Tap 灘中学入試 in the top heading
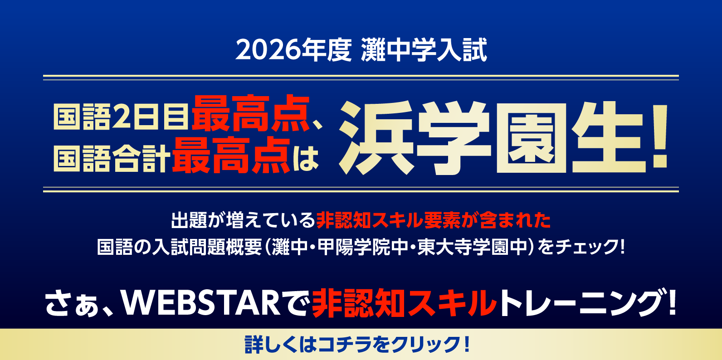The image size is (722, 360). pos(424,50)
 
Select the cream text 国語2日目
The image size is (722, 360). pos(121,117)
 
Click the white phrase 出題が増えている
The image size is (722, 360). pos(243,220)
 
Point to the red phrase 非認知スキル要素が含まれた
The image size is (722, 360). pos(434,220)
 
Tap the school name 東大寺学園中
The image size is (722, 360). pos(473,247)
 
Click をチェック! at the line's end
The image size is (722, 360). pos(581,247)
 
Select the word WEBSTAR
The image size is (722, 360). pos(201,302)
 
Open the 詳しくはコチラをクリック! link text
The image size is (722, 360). pos(357,345)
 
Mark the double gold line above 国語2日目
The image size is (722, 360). pos(361,78)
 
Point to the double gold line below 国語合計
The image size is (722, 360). pos(361,190)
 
